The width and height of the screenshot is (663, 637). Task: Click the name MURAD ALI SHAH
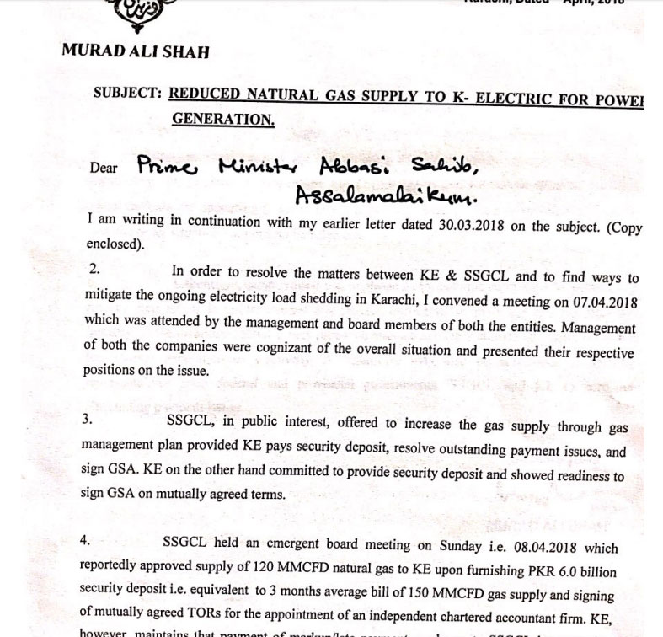(135, 51)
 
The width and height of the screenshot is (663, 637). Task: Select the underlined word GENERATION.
(223, 119)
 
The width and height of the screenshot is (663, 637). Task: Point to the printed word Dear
(102, 168)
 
